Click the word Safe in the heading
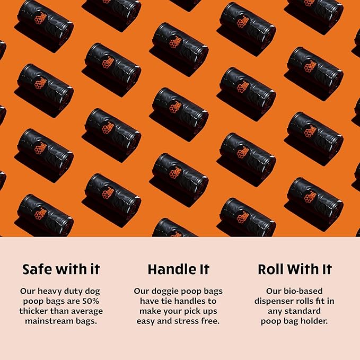37,269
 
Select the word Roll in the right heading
271,269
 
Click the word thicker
36,311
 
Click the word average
85,311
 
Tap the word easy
146,321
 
